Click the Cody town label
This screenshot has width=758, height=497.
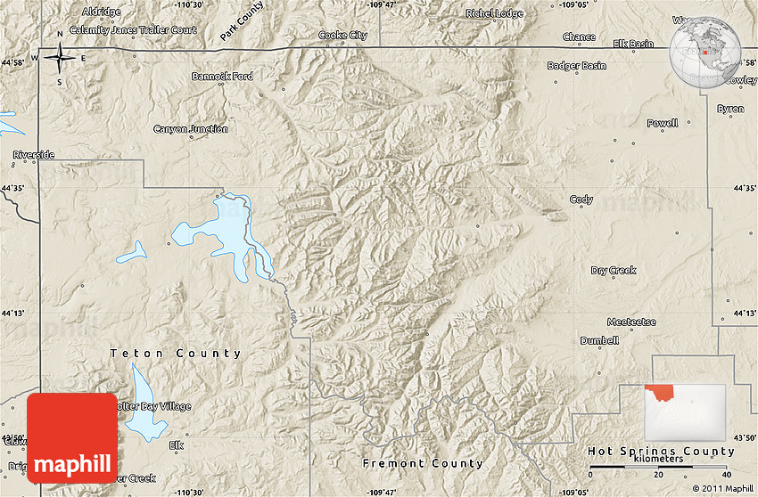point(581,200)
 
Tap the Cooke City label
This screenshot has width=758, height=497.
point(342,36)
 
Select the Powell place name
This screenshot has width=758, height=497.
point(662,123)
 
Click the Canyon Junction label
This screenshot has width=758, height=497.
point(191,129)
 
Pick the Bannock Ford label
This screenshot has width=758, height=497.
point(222,77)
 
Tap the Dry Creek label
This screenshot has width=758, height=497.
point(614,270)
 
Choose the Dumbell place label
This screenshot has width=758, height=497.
point(599,340)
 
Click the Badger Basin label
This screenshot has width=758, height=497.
point(576,66)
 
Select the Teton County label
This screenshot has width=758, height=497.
point(176,354)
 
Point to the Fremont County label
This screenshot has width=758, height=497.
point(423,463)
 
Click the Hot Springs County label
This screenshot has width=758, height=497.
point(661,452)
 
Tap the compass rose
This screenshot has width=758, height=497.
point(60,60)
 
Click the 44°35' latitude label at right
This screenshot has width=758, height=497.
point(743,188)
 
